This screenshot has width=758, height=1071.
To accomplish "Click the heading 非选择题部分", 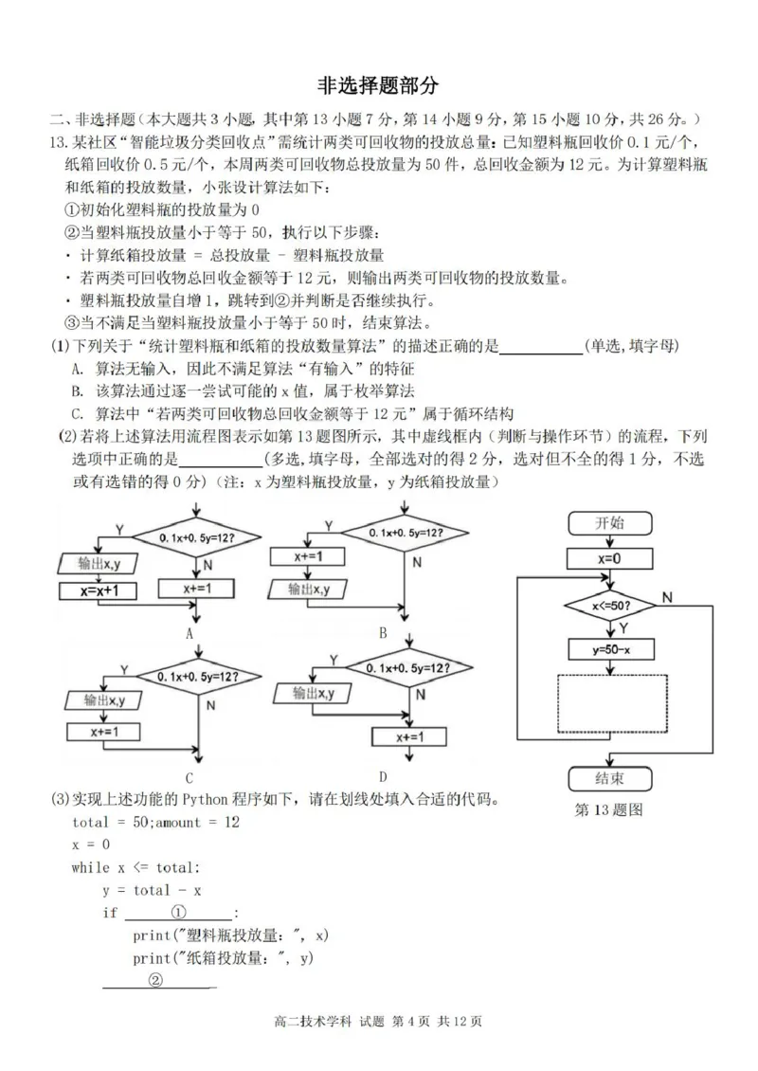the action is tap(378, 86).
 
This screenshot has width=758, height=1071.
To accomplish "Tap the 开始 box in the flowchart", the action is tap(609, 522).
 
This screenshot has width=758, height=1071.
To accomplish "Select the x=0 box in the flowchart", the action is tap(609, 559).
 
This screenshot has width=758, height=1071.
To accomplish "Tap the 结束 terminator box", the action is tap(609, 779).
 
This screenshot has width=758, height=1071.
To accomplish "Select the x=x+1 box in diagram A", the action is tap(98, 590).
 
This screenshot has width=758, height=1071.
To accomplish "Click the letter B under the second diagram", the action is tap(383, 632).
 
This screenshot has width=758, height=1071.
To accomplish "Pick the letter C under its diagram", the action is tap(201, 779).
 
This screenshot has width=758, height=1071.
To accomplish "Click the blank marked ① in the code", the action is tap(177, 912).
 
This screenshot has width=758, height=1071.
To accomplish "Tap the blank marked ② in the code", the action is tap(158, 982).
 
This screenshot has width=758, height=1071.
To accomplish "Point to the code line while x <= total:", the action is tap(135, 867).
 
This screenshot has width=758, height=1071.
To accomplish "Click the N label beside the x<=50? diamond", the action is tap(667, 597).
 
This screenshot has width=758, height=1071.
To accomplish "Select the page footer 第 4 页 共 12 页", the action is tap(438, 1022).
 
